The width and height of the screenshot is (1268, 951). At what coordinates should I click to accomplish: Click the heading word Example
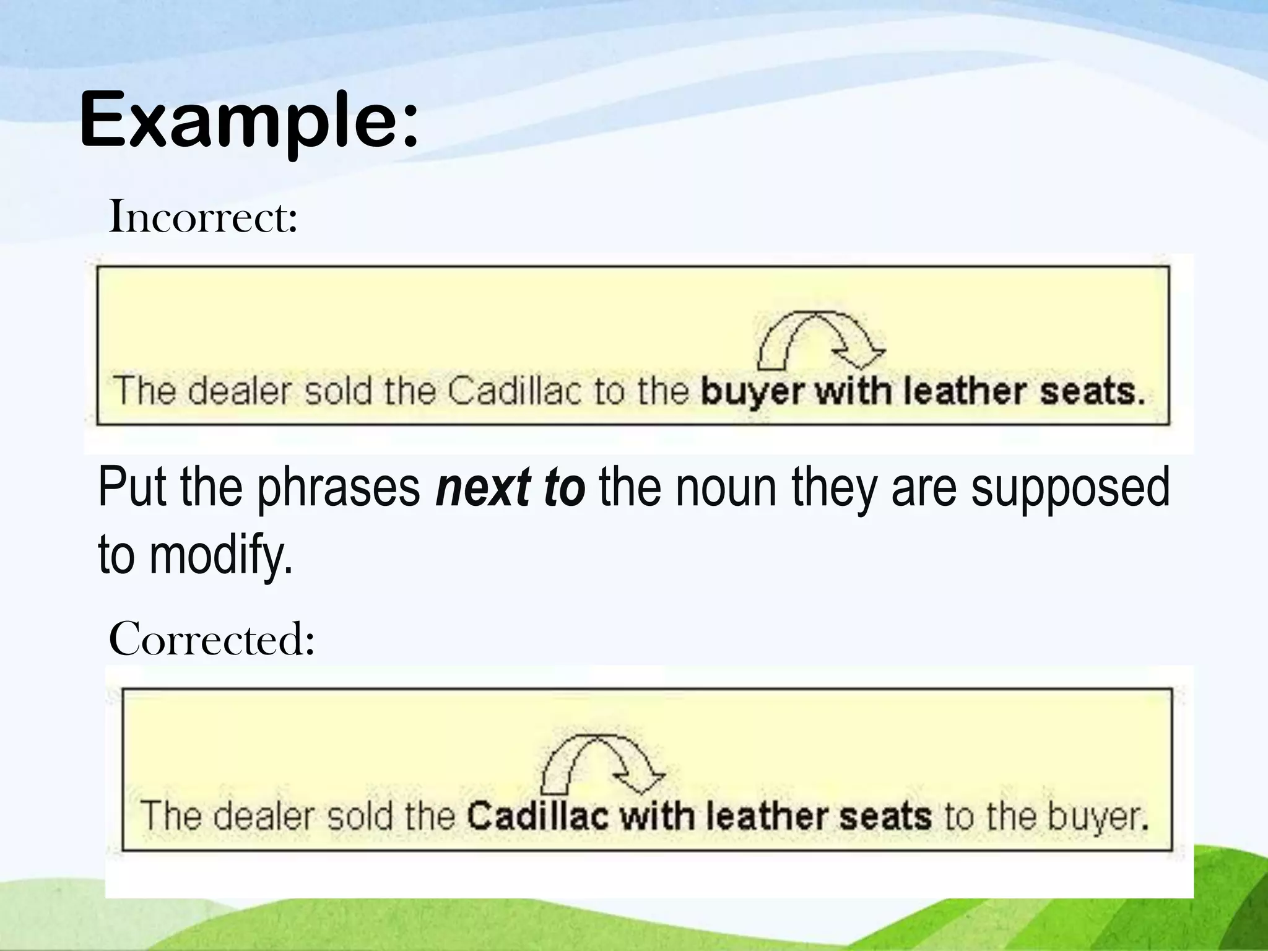coord(248,121)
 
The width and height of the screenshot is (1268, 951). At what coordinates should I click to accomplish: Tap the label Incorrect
coord(203,218)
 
